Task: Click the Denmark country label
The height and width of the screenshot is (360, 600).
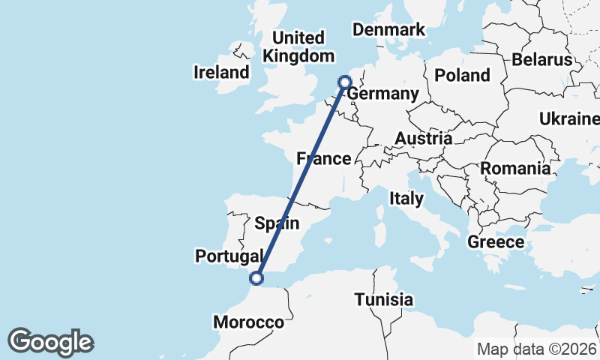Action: click(x=389, y=30)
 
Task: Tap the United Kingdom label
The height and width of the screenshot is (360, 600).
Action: click(x=298, y=46)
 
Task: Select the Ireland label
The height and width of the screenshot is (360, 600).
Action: click(x=221, y=73)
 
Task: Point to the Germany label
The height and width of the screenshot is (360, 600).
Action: click(x=382, y=94)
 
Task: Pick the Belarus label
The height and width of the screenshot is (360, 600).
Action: click(x=542, y=59)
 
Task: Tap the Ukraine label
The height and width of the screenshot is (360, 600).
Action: click(x=569, y=118)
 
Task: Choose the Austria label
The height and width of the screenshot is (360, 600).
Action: click(x=424, y=139)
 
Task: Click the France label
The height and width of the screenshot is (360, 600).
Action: click(x=324, y=158)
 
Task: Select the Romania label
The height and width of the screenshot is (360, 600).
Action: click(x=515, y=168)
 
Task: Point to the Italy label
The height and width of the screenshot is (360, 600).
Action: click(x=406, y=199)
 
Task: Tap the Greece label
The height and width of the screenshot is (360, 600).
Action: click(x=496, y=241)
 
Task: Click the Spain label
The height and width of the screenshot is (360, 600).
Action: click(x=277, y=223)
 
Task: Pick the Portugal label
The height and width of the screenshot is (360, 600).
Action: click(x=229, y=256)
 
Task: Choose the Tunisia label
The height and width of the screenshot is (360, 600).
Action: click(x=384, y=300)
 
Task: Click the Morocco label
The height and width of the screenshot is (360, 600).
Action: click(x=248, y=322)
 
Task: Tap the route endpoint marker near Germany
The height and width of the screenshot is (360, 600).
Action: click(x=345, y=82)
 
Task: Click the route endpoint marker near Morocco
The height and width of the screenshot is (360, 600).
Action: click(x=256, y=278)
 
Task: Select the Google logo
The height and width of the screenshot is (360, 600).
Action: click(x=50, y=341)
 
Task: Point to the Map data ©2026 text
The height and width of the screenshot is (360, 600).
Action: click(x=537, y=349)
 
